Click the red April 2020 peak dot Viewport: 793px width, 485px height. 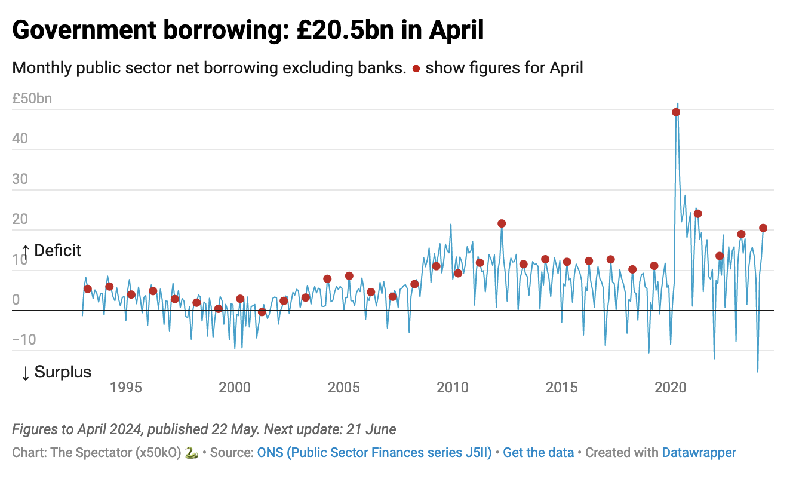676,112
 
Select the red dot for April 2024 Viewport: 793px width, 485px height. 763,228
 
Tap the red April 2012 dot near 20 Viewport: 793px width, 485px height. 502,223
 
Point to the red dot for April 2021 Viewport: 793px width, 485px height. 697,213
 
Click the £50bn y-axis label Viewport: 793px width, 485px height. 32,99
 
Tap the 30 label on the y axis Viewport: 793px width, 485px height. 20,179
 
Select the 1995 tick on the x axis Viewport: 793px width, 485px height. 125,388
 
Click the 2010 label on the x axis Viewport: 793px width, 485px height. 453,388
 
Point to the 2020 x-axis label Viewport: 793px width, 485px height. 671,388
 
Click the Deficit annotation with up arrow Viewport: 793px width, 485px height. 51,251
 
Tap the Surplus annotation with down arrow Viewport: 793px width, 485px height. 56,372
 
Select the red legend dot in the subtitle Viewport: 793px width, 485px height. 416,69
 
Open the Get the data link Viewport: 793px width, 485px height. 538,453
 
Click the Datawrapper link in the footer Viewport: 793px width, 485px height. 699,453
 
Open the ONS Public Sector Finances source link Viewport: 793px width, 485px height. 374,453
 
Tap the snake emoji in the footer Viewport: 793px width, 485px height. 192,453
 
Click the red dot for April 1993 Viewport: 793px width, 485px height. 88,288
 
